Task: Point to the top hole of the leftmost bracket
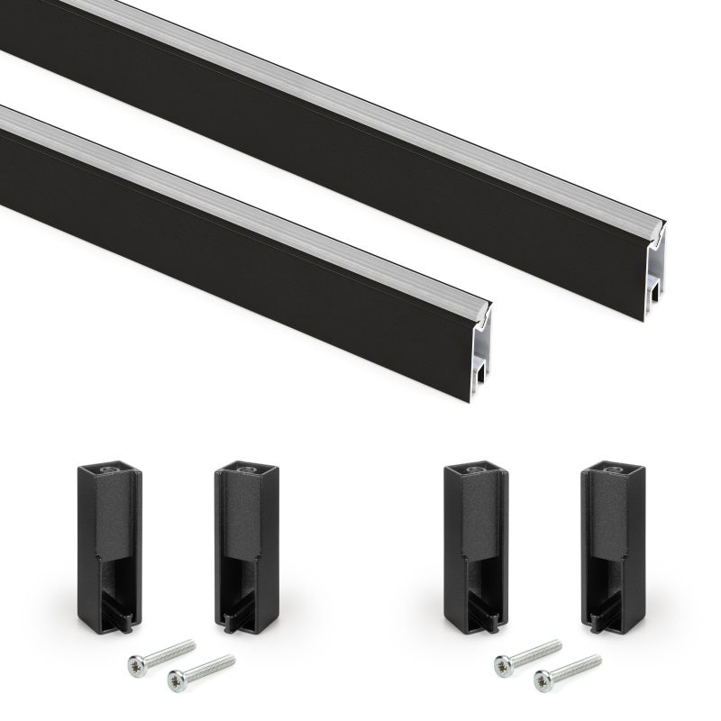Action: click(x=109, y=470)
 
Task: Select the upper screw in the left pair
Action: click(x=162, y=653)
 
